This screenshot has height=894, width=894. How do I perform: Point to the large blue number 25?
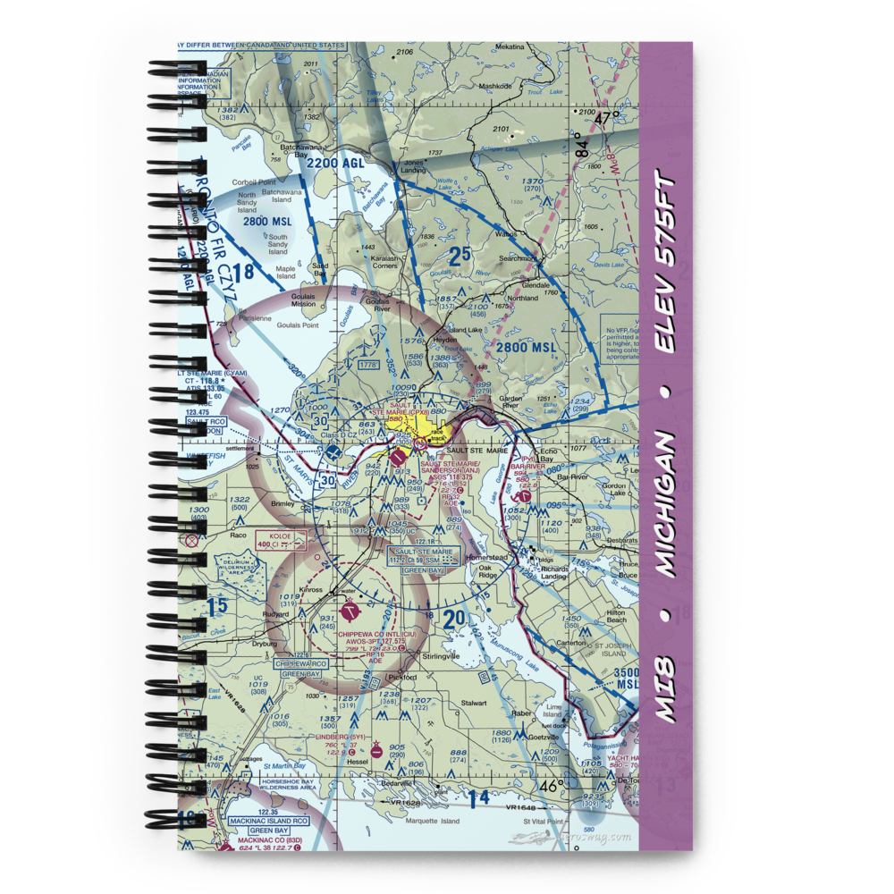tap(459, 257)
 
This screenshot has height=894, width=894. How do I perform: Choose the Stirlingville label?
tap(441, 655)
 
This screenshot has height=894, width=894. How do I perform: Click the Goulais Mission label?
tap(296, 304)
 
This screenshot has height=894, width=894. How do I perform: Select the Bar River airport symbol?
tap(525, 495)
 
